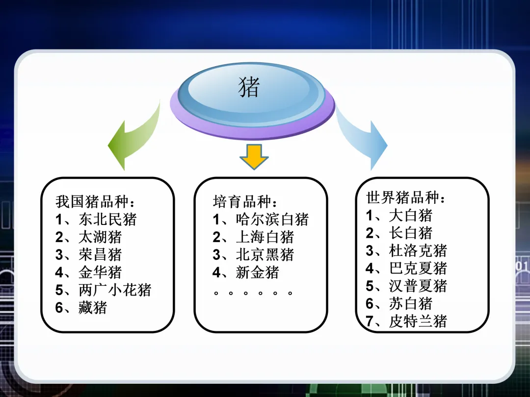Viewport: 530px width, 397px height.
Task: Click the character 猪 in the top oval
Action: coord(249,88)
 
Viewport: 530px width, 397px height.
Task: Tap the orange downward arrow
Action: coord(254,156)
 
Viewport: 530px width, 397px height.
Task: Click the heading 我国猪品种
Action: coord(95,201)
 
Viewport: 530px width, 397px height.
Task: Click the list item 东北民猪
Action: coord(107,219)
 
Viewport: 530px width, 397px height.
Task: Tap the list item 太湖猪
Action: coord(100,237)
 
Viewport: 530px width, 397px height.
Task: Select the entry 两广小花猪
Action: coord(114,290)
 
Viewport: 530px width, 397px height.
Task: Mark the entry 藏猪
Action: coord(92,307)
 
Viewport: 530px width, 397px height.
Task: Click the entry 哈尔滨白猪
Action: coord(272,219)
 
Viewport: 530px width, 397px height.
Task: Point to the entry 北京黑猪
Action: coord(265,254)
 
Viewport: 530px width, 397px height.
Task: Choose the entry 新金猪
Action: coord(257,272)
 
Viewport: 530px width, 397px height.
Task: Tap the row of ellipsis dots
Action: coord(254,293)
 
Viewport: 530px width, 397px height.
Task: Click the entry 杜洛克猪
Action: coord(418,250)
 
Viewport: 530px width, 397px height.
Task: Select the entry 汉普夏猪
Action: coord(418,286)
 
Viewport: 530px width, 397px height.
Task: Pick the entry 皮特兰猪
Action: coord(418,321)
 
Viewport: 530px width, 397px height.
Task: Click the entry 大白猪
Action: coord(410,215)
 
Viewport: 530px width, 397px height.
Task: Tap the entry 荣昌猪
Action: coord(100,254)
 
